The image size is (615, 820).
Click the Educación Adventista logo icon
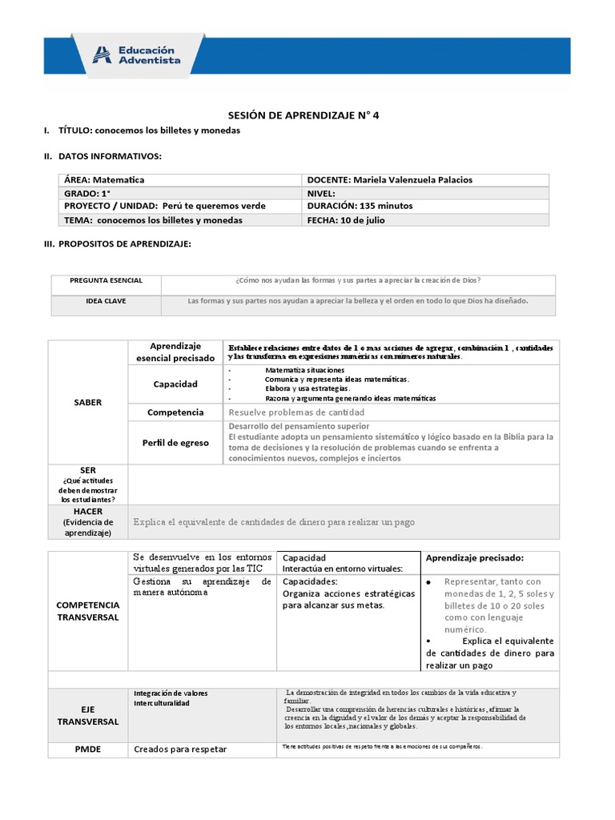point(102,54)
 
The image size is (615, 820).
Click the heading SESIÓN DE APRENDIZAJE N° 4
point(299,115)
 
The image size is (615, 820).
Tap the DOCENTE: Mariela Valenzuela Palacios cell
point(389,180)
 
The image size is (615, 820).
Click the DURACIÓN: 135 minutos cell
point(360,206)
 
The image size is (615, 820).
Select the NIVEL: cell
point(321,193)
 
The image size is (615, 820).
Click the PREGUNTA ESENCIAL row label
point(106,281)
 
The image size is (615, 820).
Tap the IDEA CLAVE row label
point(106,301)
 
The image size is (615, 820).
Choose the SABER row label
point(88,402)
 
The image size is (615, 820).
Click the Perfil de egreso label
point(175,443)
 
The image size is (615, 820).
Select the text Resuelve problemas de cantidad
point(291,412)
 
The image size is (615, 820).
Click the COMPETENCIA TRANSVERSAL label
point(88,611)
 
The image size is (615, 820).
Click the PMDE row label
point(88,750)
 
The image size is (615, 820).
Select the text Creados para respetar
point(180,750)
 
